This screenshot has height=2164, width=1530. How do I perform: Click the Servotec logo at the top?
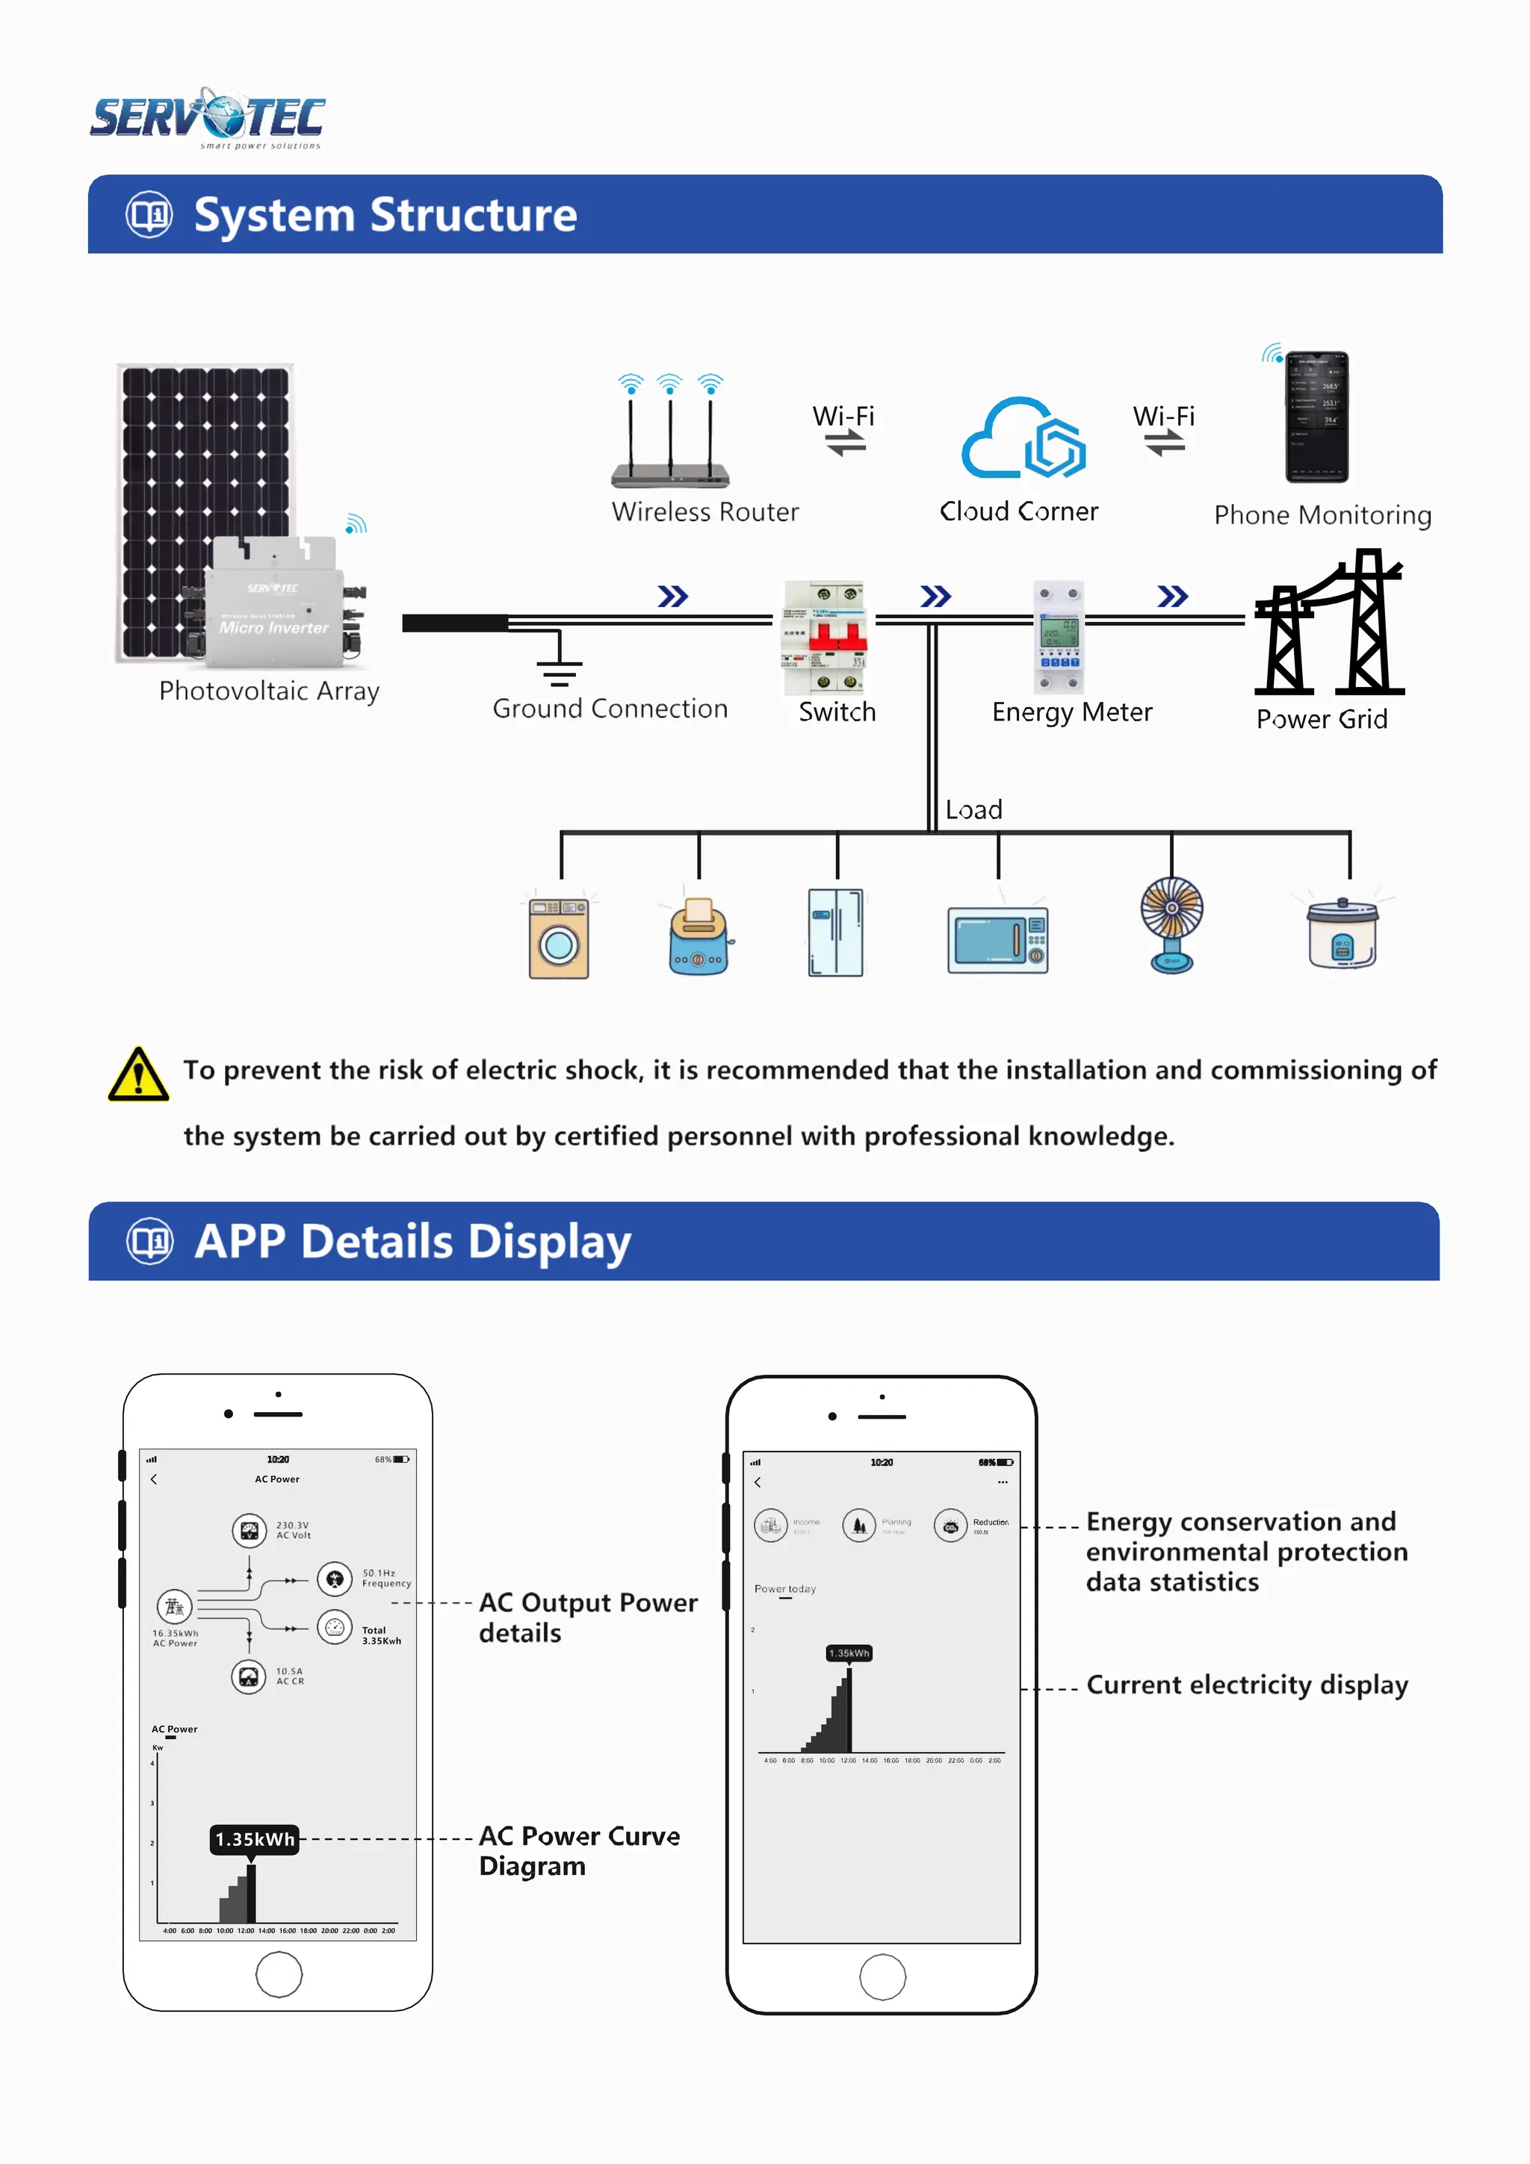(208, 119)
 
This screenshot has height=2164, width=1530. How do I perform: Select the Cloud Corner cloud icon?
(1023, 439)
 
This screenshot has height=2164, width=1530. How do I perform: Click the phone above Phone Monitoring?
(1317, 417)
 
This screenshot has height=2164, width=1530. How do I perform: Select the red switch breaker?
(825, 637)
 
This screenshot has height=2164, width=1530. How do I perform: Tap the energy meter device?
(1059, 637)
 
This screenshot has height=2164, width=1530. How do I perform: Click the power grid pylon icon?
(1328, 624)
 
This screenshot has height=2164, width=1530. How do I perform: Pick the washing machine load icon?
(559, 939)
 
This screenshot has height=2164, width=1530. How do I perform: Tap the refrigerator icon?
(835, 932)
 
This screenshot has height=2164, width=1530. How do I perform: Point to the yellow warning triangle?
(138, 1075)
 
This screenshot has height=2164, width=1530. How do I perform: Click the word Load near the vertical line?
(974, 809)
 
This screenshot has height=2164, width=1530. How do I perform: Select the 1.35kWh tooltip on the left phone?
(253, 1839)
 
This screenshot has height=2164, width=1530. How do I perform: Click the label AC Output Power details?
(587, 1617)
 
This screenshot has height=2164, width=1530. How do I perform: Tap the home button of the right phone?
(882, 1977)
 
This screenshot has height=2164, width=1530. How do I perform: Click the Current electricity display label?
(1246, 1685)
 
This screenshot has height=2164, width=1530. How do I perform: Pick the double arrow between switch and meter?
(935, 597)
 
